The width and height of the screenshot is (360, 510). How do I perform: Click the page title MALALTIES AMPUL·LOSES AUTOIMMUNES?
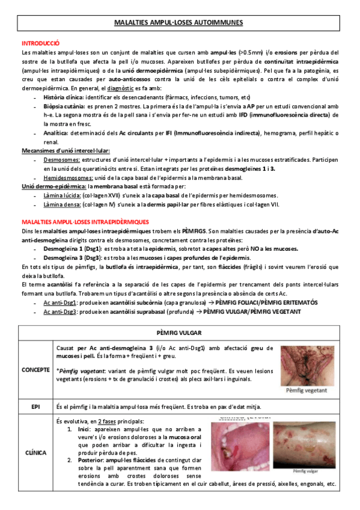pyautogui.click(x=178, y=23)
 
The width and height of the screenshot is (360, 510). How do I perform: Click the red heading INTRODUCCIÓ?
pyautogui.click(x=40, y=43)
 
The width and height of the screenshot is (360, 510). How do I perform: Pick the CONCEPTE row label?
pyautogui.click(x=36, y=369)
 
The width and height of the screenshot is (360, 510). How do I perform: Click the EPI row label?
pyautogui.click(x=36, y=407)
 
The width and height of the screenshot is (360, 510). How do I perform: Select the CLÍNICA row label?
pyautogui.click(x=36, y=452)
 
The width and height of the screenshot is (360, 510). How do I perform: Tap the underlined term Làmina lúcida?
pyautogui.click(x=61, y=195)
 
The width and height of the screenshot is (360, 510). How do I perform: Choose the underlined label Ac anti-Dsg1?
pyautogui.click(x=59, y=302)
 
